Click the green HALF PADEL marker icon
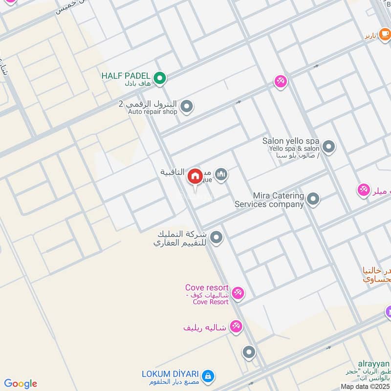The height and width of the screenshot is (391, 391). pyautogui.click(x=159, y=78)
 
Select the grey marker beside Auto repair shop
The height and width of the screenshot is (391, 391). pyautogui.click(x=186, y=106)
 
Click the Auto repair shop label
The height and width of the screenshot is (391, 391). pyautogui.click(x=152, y=112)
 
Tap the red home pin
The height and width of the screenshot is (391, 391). pyautogui.click(x=195, y=176)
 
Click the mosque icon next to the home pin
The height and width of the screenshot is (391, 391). pyautogui.click(x=221, y=174)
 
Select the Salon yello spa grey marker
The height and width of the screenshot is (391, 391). pyautogui.click(x=329, y=146)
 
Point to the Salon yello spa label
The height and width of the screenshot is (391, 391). pyautogui.click(x=291, y=141)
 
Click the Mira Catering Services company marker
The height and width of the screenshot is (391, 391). pyautogui.click(x=313, y=199)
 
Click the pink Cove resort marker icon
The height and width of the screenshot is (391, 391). pyautogui.click(x=238, y=293)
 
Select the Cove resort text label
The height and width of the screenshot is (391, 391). pyautogui.click(x=207, y=287)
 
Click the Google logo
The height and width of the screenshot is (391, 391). pyautogui.click(x=21, y=384)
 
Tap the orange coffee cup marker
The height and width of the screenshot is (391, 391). pyautogui.click(x=384, y=34)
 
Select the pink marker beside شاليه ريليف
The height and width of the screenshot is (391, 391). pyautogui.click(x=236, y=327)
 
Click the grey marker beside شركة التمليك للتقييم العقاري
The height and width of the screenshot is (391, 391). pyautogui.click(x=217, y=238)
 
